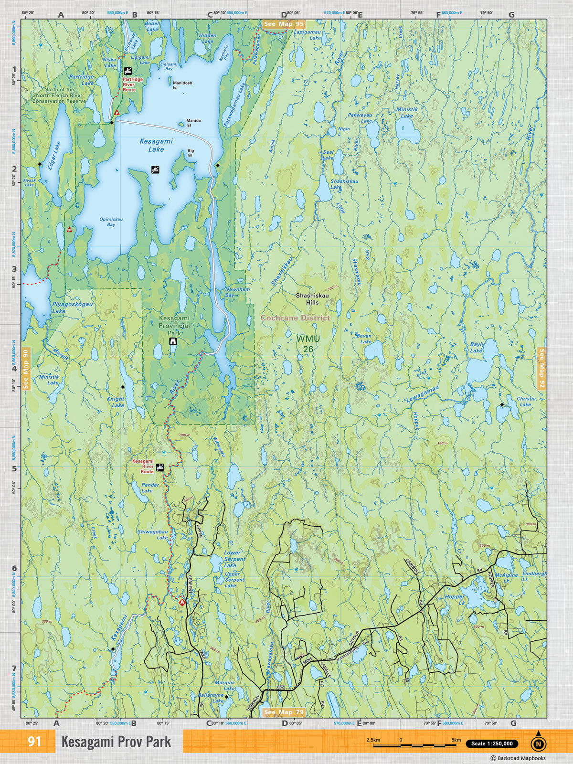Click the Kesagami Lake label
tap(156, 145)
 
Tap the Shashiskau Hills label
tap(312, 299)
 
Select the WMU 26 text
tap(308, 344)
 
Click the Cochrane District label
tap(295, 318)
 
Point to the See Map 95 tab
tap(283, 24)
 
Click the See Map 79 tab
tap(283, 712)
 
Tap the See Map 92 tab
tap(541, 368)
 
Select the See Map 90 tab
tap(26, 369)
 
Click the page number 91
tap(34, 742)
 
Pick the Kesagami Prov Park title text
tap(116, 742)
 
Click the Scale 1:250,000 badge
tap(492, 743)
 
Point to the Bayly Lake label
tap(477, 347)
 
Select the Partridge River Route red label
tap(132, 85)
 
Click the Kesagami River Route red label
tap(143, 467)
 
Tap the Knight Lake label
tap(116, 402)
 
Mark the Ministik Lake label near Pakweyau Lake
tap(407, 113)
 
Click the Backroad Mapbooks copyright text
tap(518, 758)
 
